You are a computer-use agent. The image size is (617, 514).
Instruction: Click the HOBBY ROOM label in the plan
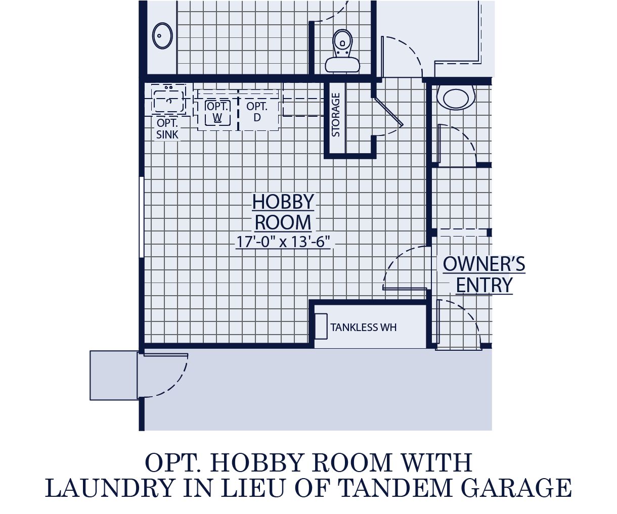(283, 212)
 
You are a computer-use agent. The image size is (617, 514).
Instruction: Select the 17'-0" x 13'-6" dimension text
(283, 242)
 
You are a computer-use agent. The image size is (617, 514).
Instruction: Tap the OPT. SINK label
(167, 129)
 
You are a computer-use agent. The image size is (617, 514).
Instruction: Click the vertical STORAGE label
(335, 115)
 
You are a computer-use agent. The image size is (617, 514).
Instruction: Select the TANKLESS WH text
(363, 328)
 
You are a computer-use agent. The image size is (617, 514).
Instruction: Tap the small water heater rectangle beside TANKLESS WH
(321, 326)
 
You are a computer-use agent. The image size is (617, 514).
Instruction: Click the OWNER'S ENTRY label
(484, 274)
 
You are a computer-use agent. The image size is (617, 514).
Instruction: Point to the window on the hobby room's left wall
(142, 217)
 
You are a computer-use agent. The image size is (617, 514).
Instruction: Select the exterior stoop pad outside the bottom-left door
(113, 375)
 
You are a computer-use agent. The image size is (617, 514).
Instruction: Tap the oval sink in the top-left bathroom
(163, 36)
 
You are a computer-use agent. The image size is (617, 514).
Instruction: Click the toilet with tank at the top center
(342, 51)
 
